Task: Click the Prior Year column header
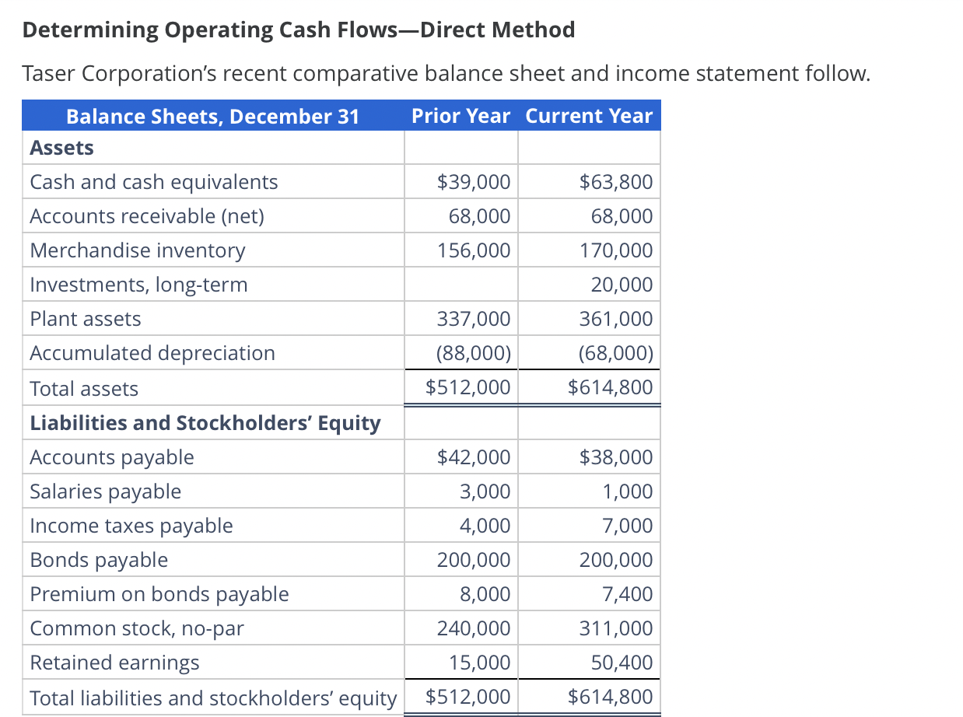coord(460,116)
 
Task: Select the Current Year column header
coord(589,116)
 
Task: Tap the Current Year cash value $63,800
coord(616,182)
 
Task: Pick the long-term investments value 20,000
coord(622,285)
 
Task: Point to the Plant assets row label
coord(86,319)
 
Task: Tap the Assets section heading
coord(61,148)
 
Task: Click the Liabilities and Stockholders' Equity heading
coord(205,423)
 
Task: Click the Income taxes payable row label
coord(131,526)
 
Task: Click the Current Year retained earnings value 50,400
coord(622,663)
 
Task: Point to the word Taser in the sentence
coord(49,74)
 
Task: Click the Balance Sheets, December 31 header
coord(212,116)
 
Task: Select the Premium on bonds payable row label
coord(159,594)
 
